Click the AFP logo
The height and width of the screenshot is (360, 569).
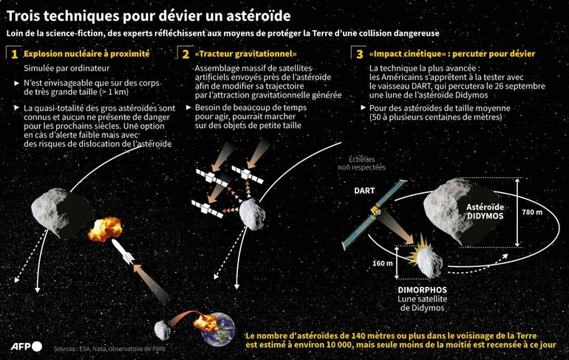point(27,346)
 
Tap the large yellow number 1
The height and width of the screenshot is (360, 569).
point(15,55)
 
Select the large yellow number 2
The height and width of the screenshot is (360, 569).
point(185,55)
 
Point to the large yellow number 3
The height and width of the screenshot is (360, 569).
point(360,55)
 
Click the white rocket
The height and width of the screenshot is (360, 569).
point(123,251)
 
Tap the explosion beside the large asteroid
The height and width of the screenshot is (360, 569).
point(104,229)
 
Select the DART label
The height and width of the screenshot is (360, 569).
point(364,191)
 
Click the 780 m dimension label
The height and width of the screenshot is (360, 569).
point(532,212)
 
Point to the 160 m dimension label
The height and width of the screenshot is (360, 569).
point(383,263)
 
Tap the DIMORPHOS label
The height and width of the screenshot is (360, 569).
point(423,290)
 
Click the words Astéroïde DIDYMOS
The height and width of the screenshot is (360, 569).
point(485,211)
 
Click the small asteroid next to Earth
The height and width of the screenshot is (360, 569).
point(162,330)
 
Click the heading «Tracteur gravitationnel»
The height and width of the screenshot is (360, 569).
point(245,54)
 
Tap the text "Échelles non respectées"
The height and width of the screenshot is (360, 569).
point(362,163)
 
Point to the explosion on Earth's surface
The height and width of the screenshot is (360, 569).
point(205,323)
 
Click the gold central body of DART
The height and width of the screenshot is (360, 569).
point(375,211)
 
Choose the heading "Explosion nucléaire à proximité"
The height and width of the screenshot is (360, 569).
point(86,54)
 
